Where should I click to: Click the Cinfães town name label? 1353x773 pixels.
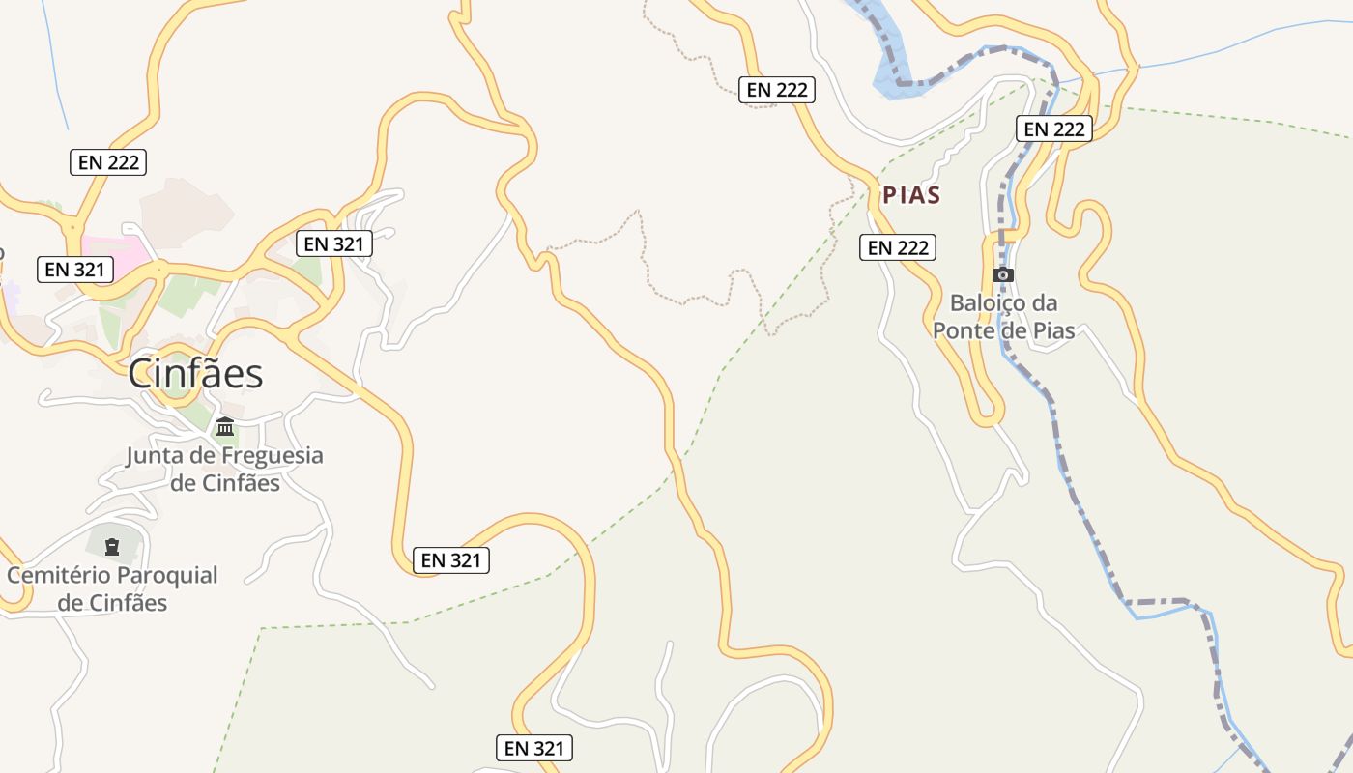[x=196, y=374]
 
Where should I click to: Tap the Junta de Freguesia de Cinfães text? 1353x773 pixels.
[x=224, y=469]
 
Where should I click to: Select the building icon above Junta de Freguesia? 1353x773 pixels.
[x=225, y=426]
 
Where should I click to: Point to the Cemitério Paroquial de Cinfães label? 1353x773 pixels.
[x=112, y=588]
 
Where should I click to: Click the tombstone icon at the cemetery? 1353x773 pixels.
[x=112, y=547]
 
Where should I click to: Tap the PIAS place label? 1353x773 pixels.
[x=911, y=195]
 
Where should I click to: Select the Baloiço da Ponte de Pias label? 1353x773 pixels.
[x=1003, y=316]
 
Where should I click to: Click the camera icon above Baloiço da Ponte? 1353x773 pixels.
[x=1003, y=274]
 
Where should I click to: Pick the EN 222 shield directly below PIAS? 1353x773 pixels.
[x=898, y=247]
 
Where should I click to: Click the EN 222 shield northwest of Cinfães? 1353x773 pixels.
[x=108, y=161]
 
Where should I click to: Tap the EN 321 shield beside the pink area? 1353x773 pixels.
[x=75, y=270]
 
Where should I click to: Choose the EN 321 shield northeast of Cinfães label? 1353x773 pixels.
[x=333, y=243]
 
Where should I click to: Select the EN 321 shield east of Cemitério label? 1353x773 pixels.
[x=451, y=559]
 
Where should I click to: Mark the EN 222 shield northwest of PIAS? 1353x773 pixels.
[x=777, y=90]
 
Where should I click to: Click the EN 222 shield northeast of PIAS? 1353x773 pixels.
[x=1054, y=129]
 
